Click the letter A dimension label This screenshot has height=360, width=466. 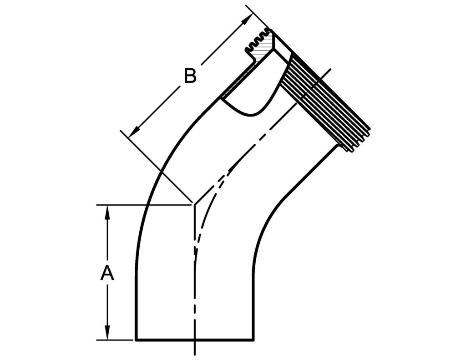[x=107, y=274]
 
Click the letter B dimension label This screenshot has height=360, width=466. [x=190, y=76]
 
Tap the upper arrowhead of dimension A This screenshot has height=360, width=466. [x=107, y=210]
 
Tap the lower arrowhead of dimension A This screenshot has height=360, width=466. [x=107, y=335]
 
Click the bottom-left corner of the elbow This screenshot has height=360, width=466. [x=136, y=340]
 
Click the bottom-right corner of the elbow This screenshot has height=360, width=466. [x=253, y=340]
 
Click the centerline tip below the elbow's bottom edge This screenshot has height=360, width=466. [x=195, y=352]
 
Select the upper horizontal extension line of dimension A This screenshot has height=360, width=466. [x=146, y=205]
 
